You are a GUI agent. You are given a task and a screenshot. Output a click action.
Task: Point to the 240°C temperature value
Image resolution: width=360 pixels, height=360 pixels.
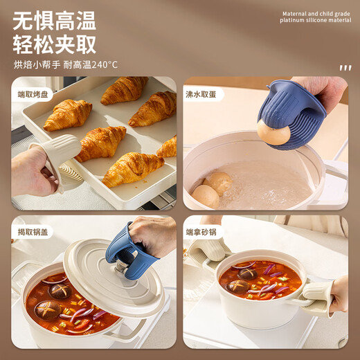[103, 65]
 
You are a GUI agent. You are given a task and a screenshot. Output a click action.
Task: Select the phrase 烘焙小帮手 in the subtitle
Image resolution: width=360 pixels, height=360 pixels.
[36, 65]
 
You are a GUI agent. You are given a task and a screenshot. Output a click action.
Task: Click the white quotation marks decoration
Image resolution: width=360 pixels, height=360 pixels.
[345, 68]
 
